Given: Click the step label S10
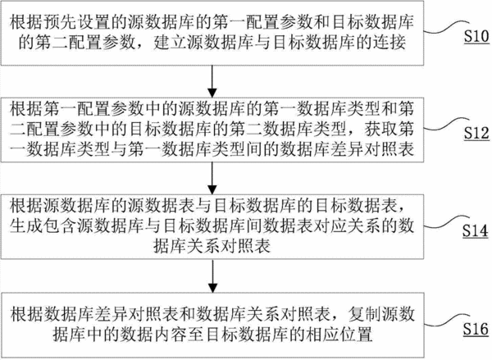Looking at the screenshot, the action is [476, 37].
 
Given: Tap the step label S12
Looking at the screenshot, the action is [476, 133].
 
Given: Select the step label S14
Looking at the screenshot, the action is [475, 231].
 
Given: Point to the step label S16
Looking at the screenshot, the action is [476, 329].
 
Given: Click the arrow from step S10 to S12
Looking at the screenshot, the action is [212, 81].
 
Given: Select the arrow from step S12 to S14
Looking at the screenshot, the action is [212, 178].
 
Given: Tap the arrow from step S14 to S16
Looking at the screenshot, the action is [212, 276].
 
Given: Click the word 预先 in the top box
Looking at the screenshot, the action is [60, 22].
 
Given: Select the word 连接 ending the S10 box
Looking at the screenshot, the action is [389, 42].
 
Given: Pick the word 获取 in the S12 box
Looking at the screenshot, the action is [380, 129].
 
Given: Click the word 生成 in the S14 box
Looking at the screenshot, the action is [26, 226].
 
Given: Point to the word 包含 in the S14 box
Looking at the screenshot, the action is [60, 226].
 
